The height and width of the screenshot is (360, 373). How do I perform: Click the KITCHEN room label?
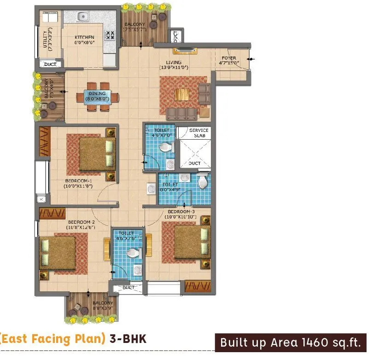[x=85, y=37]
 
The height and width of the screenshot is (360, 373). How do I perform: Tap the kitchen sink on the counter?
[x=83, y=17]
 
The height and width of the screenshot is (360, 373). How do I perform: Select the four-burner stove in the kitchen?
[x=111, y=35]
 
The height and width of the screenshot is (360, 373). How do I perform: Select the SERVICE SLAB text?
[x=199, y=133]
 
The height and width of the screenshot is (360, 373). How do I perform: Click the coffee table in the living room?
[x=183, y=94]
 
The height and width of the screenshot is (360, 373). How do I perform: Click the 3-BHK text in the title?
[x=128, y=339]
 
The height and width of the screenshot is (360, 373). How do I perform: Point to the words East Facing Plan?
[x=54, y=339]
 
